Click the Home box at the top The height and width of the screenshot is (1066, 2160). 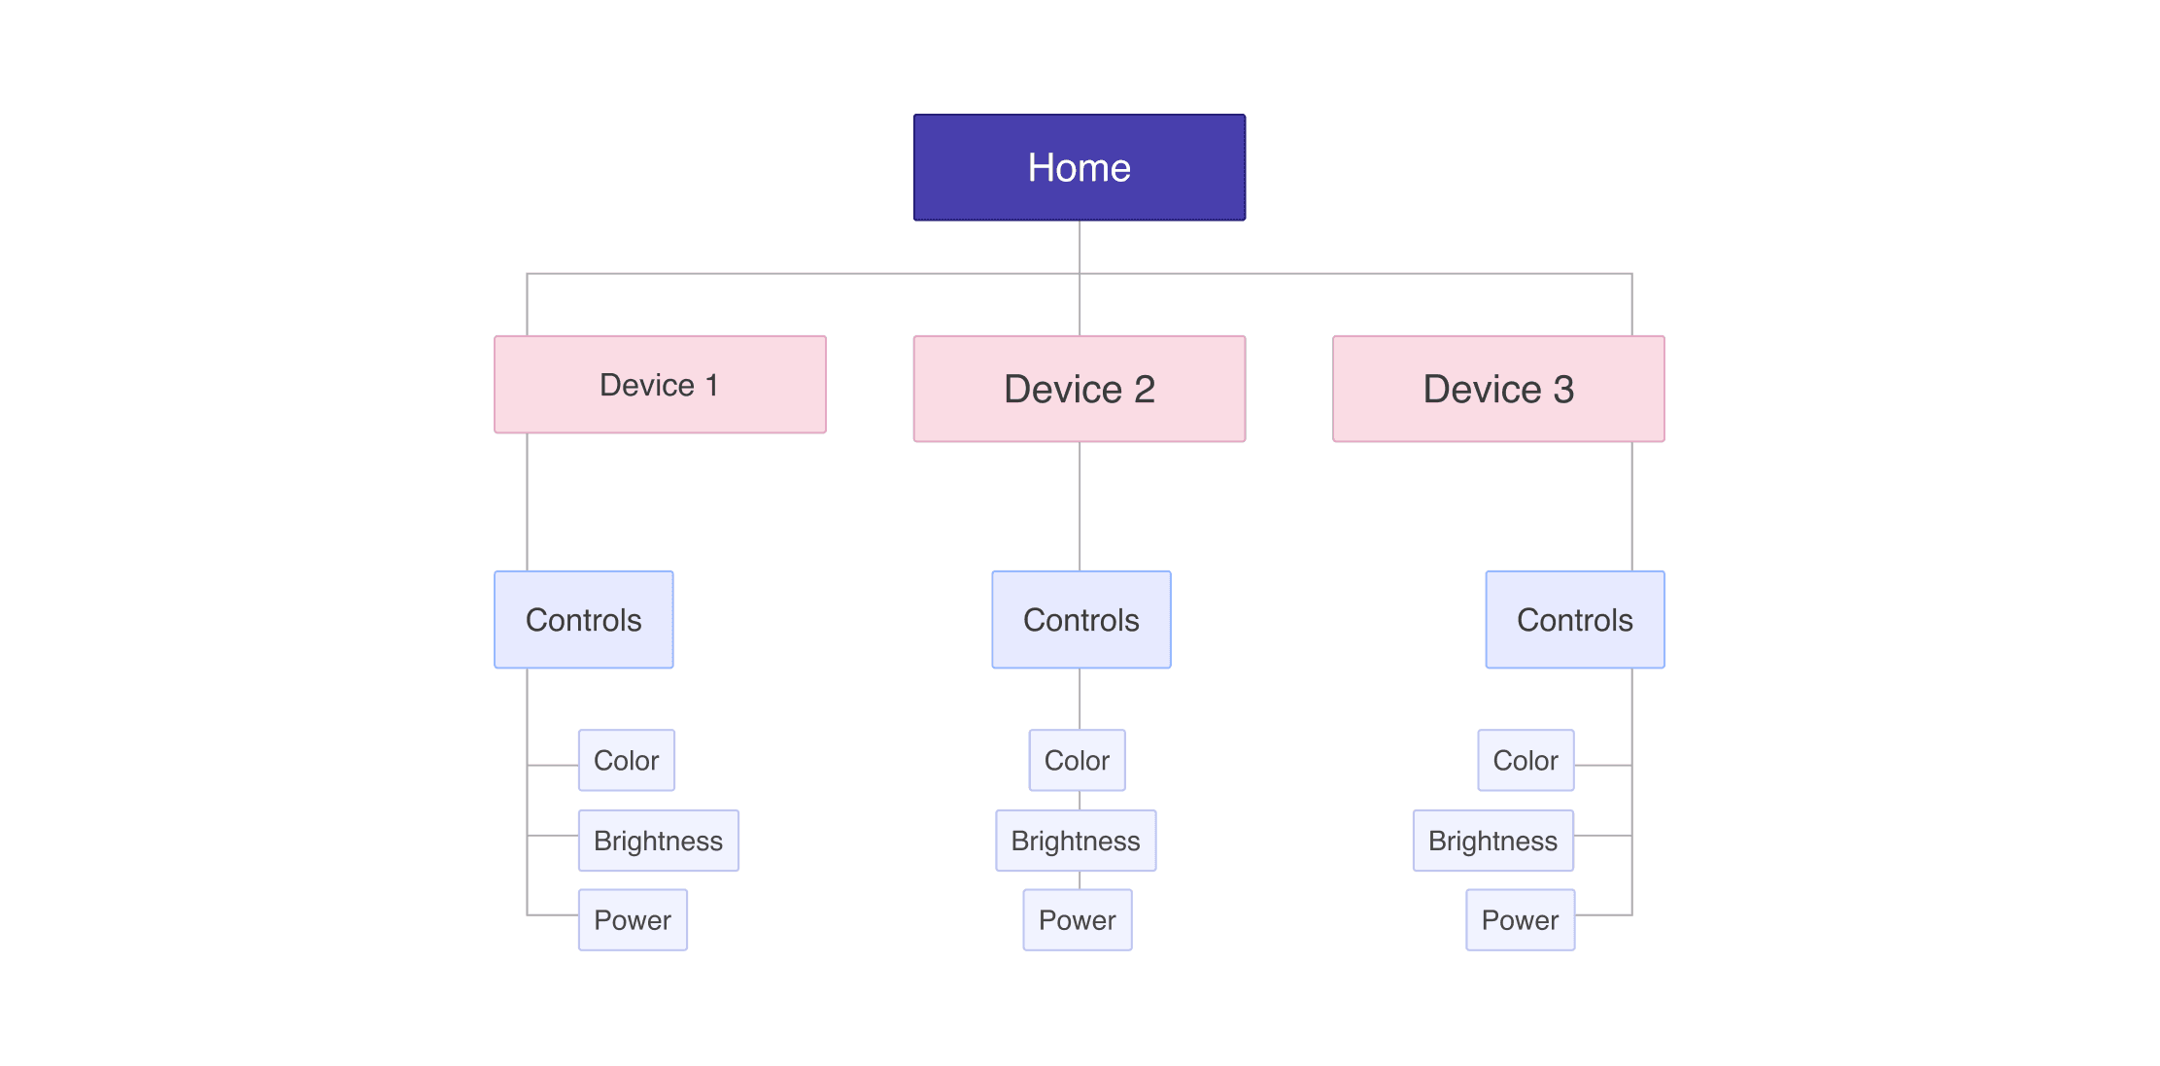pyautogui.click(x=1079, y=167)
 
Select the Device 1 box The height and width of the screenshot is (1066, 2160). pyautogui.click(x=660, y=385)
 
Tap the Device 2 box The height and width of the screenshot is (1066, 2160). pyautogui.click(x=1079, y=389)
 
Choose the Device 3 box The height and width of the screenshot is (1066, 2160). pyautogui.click(x=1497, y=389)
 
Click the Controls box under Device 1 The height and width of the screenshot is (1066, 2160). pyautogui.click(x=583, y=620)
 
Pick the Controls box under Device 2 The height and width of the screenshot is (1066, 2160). pyautogui.click(x=1080, y=620)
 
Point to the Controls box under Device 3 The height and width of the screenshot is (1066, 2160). pyautogui.click(x=1574, y=620)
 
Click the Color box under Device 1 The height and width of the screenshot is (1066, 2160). pyautogui.click(x=626, y=760)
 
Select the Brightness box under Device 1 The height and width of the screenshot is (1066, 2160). pyautogui.click(x=658, y=841)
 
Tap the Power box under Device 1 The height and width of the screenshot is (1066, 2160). pyautogui.click(x=633, y=920)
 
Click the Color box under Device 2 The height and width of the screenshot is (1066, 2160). pyautogui.click(x=1077, y=760)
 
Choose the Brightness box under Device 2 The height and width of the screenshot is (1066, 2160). pyautogui.click(x=1076, y=841)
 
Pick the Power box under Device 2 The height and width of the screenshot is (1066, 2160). pyautogui.click(x=1077, y=920)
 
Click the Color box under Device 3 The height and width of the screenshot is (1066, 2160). pyautogui.click(x=1526, y=760)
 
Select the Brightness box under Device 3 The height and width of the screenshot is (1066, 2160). pyautogui.click(x=1492, y=841)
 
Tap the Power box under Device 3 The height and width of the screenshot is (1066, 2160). pyautogui.click(x=1520, y=920)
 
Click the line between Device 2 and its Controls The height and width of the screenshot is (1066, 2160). pyautogui.click(x=1080, y=505)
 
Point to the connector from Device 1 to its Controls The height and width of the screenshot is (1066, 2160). pyautogui.click(x=527, y=501)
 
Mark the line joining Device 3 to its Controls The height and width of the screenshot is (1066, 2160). pyautogui.click(x=1631, y=505)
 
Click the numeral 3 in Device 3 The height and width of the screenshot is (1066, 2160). pyautogui.click(x=1563, y=390)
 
